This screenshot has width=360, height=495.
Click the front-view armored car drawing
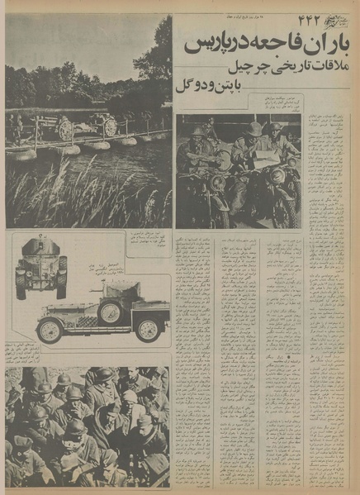[x=40, y=266]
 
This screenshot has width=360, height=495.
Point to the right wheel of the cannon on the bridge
[x=107, y=126]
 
